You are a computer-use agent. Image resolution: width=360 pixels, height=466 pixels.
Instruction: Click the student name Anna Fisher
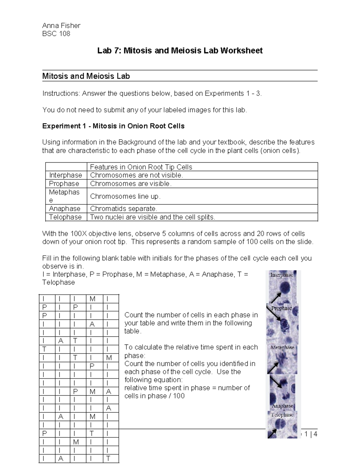coord(61,26)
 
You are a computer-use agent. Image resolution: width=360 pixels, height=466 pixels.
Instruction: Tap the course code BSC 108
coord(56,34)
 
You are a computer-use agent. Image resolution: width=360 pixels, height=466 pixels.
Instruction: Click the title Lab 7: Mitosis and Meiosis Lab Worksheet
coord(180,50)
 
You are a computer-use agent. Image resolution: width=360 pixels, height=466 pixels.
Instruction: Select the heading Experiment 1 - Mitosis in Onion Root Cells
coord(113,126)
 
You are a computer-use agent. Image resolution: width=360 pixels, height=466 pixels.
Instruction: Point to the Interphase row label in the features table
coord(65,175)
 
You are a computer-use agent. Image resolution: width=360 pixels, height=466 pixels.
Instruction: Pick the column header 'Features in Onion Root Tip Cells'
coord(141,167)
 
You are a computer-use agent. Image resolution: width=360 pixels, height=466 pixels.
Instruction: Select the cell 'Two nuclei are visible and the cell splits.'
coord(152,217)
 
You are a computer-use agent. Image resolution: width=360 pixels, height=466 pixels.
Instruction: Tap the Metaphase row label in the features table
coord(64,196)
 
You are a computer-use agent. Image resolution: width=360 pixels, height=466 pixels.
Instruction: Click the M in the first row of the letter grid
coord(92,299)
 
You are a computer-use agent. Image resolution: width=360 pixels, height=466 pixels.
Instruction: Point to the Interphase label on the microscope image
coord(281,275)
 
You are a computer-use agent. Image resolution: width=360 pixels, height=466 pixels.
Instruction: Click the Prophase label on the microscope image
coord(281,308)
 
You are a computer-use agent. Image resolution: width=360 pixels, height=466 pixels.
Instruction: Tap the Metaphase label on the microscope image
coord(282,347)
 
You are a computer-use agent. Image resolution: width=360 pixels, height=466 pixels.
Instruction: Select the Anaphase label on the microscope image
coord(282,406)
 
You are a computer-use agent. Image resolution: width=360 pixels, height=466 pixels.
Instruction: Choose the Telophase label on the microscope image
coord(282,415)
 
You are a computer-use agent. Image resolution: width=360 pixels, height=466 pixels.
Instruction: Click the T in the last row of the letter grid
coord(108,458)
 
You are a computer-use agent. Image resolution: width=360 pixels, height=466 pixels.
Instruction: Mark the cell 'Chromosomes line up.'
coord(125,196)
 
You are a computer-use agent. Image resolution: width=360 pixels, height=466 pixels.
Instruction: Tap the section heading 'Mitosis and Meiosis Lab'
coord(86,76)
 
